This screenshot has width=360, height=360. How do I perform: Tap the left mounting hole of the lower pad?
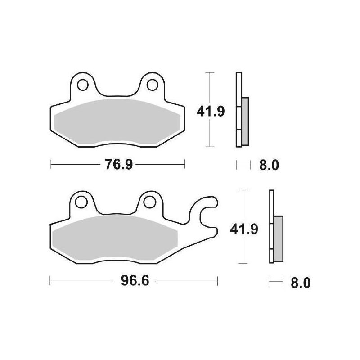pos(82,202)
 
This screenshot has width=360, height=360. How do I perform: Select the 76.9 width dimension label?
pos(118,165)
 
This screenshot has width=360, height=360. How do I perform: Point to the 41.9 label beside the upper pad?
pos(210,111)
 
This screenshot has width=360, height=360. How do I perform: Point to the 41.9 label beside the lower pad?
pos(245,229)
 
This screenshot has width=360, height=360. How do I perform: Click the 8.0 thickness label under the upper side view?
pos(269,166)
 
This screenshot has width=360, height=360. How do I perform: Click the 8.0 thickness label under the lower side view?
pos(301,283)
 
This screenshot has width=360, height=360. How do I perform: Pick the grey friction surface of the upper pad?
pos(117,121)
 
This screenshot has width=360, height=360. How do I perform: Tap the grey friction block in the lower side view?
pos(279,238)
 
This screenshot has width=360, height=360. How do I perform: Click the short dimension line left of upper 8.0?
pos(243,166)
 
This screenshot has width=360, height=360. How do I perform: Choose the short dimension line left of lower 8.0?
pos(275,283)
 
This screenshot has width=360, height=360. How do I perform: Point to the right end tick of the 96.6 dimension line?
pos(217,282)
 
